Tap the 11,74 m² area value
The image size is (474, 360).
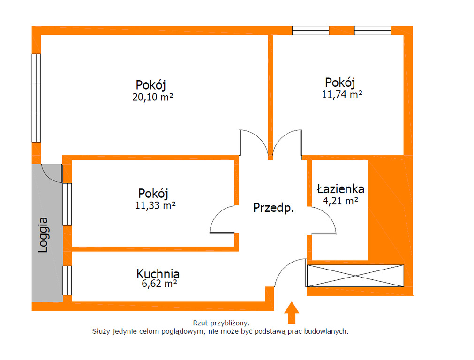pos(342,95)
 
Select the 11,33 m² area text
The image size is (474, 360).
pos(155,205)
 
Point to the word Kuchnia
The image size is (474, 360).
pos(158,274)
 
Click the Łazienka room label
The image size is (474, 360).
pos(340,189)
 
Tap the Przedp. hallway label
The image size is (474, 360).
pos(274,208)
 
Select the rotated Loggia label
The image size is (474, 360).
pos(43,235)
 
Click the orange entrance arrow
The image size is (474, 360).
pos(292,313)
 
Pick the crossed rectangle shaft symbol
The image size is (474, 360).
pos(355,276)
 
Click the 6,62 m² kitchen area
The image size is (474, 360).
pos(159,284)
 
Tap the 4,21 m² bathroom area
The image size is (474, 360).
pos(341,201)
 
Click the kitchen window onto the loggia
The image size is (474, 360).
pos(67,280)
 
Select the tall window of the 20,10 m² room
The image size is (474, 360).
pos(36,98)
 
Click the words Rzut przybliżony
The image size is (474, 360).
pos(221,323)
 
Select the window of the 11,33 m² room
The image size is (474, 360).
pos(67,204)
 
